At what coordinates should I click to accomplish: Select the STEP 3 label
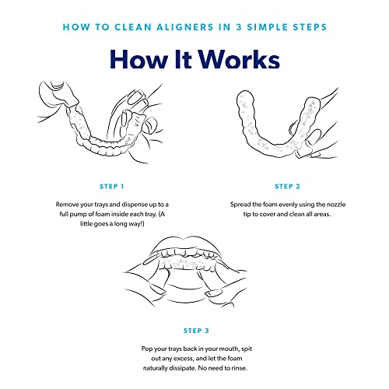tap(194, 330)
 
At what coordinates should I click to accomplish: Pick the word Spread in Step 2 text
tap(243, 204)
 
